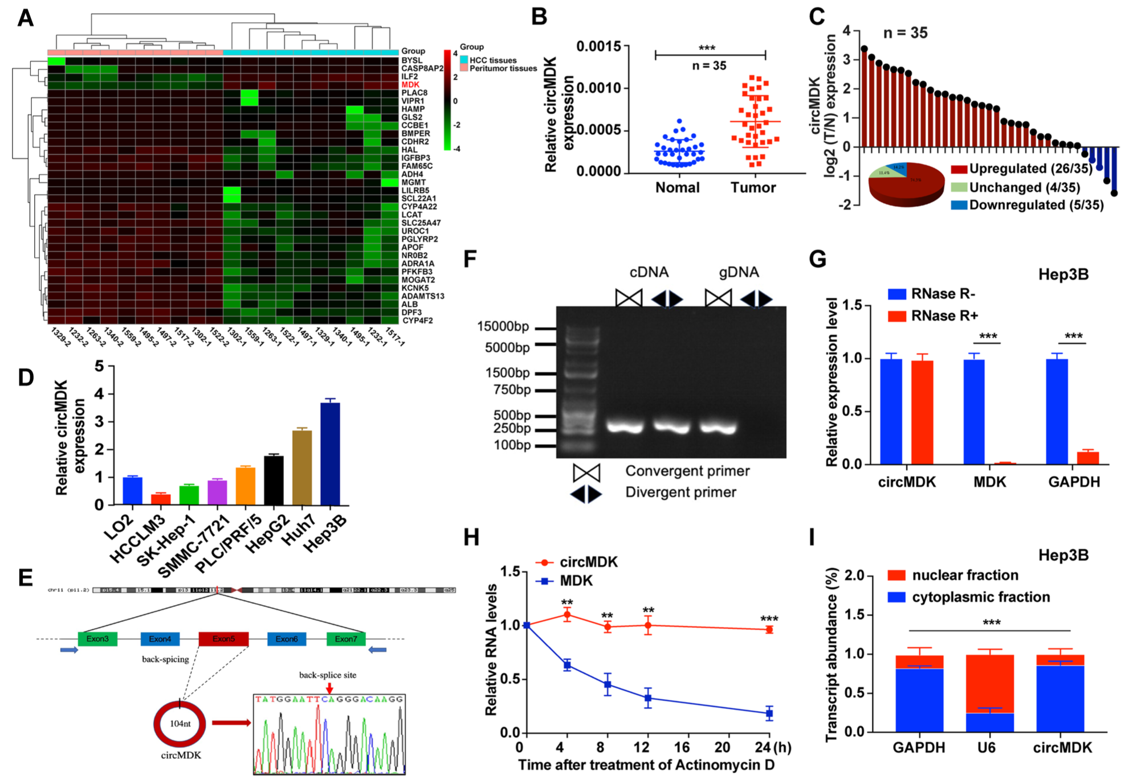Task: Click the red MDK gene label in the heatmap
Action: (x=410, y=85)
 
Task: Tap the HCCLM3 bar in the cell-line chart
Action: (x=161, y=499)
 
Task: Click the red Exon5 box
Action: (x=223, y=639)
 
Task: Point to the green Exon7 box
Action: (x=346, y=639)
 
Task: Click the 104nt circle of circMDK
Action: (x=180, y=724)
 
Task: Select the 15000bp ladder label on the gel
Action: (x=503, y=327)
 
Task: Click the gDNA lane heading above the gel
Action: (x=739, y=273)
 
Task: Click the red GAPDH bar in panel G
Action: (x=1072, y=458)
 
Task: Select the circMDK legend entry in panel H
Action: (x=577, y=562)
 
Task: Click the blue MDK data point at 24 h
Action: (x=769, y=713)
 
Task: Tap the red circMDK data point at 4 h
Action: (x=567, y=614)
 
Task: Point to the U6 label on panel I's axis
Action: (x=987, y=747)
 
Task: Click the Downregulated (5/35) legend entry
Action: (x=1028, y=205)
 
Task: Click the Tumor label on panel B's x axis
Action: (x=753, y=187)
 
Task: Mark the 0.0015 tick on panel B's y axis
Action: (x=598, y=46)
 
